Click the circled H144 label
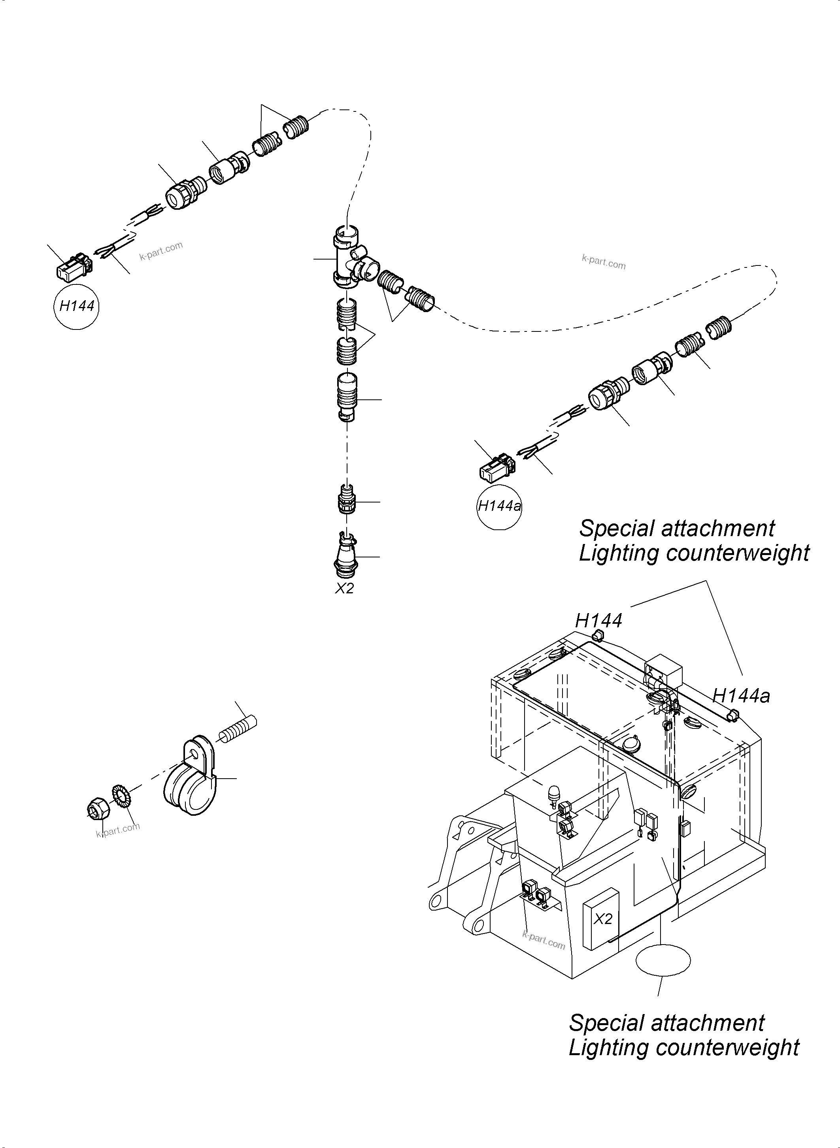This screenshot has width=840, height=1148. pos(77,306)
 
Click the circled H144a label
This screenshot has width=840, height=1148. pos(499,506)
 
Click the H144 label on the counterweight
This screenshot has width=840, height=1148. pos(598,621)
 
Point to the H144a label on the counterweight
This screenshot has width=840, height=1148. pos(741,696)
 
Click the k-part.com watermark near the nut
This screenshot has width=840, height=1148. pos(117,830)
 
